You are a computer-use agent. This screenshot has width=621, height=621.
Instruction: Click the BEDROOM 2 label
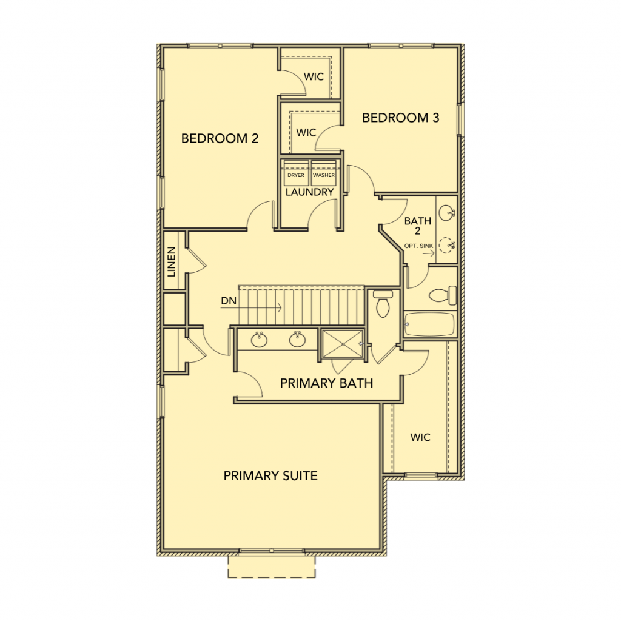220,138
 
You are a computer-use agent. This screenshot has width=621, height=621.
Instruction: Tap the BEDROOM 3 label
401,118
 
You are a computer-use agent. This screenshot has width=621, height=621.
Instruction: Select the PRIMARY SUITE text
270,475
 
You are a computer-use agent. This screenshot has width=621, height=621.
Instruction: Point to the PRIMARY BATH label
326,383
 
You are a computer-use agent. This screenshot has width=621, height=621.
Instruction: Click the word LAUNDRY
310,192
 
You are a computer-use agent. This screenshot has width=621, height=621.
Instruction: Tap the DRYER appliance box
296,173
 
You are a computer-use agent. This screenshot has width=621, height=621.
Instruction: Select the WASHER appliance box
324,173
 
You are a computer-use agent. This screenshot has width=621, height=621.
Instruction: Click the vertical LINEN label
172,262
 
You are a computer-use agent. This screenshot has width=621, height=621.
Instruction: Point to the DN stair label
229,301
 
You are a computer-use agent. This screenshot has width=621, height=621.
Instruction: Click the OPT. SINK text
418,246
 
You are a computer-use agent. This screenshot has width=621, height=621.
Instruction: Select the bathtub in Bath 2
429,324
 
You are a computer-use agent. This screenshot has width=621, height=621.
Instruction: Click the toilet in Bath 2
443,295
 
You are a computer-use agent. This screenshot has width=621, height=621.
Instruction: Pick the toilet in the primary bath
383,304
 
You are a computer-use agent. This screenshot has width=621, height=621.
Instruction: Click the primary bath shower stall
342,344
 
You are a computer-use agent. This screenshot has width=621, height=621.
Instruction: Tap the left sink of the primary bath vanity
258,340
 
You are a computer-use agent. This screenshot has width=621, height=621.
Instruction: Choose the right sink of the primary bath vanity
297,340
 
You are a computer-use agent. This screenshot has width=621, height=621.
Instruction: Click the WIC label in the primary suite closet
420,437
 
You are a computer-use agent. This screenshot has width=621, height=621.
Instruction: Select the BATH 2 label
418,226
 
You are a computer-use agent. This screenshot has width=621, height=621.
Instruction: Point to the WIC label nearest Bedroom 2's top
314,76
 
